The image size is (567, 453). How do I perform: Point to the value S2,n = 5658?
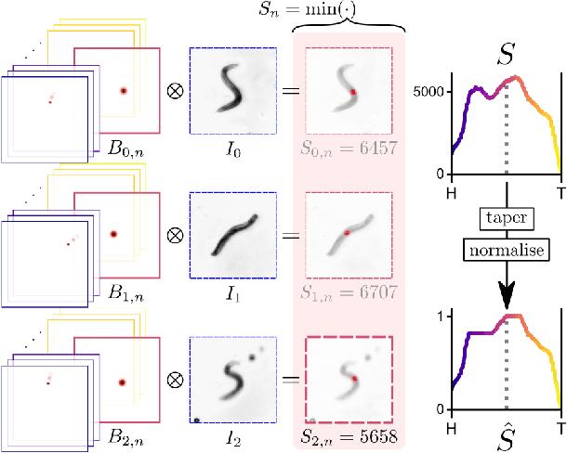pos(349,434)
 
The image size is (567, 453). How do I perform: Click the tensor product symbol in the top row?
pos(174,91)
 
